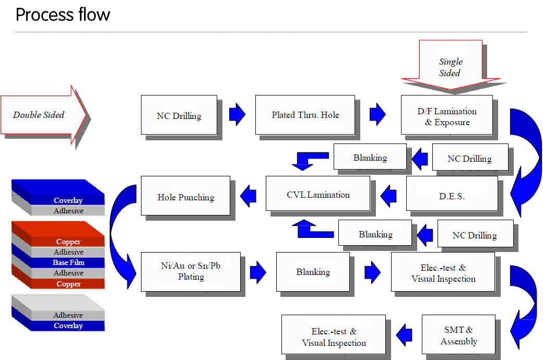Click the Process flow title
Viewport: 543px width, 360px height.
63,15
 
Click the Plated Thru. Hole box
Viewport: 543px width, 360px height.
305,115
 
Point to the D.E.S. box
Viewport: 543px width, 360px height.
452,196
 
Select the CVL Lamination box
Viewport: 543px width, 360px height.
318,195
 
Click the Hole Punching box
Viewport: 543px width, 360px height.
185,196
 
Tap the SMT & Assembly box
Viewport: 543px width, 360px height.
458,336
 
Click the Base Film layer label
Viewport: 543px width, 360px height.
68,262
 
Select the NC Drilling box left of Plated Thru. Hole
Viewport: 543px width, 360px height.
179,115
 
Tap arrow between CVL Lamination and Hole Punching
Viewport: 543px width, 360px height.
248,196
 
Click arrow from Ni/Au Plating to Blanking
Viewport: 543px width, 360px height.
258,272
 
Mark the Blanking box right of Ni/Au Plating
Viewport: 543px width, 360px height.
313,272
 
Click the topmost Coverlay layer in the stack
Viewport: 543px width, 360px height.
68,200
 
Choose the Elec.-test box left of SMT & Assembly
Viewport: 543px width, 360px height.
333,337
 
